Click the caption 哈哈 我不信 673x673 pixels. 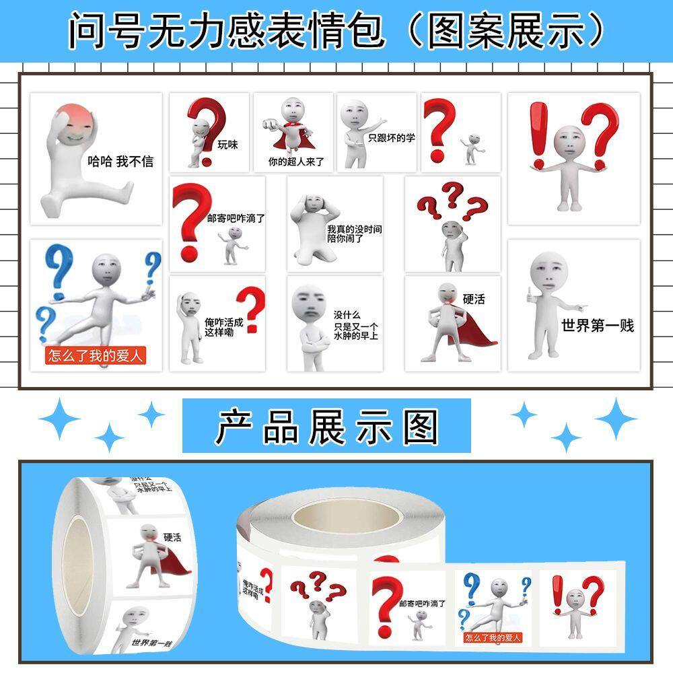[x=120, y=162]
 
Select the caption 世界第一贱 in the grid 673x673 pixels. [x=598, y=326]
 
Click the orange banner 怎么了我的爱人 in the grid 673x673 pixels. [x=95, y=355]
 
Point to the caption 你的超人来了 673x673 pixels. [x=296, y=162]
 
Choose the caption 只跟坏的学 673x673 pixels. [x=392, y=138]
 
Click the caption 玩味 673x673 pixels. [x=227, y=144]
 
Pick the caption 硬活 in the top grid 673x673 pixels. [x=474, y=299]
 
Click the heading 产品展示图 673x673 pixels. [x=327, y=426]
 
